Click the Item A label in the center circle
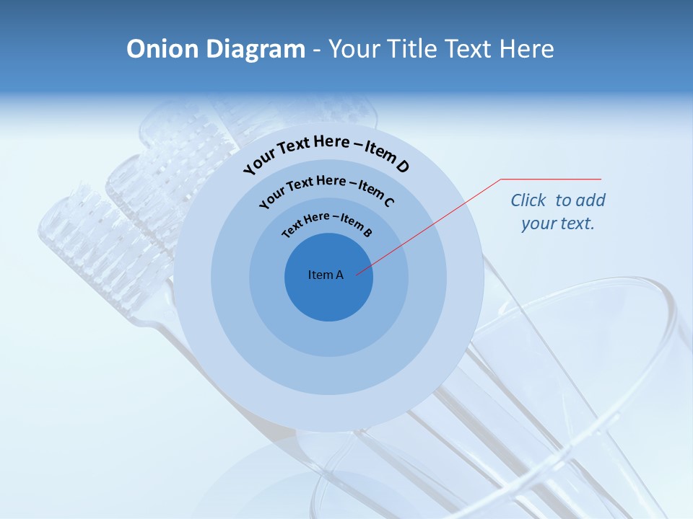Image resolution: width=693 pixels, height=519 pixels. click(326, 275)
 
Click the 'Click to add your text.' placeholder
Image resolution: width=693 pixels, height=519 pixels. click(557, 212)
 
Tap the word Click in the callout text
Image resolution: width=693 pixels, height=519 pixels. click(528, 200)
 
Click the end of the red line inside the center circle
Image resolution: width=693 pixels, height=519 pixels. click(357, 273)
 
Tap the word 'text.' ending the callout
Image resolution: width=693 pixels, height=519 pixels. click(578, 223)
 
